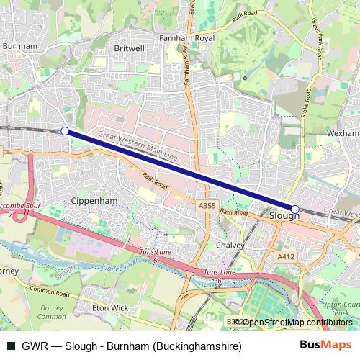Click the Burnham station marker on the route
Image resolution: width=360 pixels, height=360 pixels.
tap(65, 131)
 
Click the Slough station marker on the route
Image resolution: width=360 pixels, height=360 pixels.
tap(294, 209)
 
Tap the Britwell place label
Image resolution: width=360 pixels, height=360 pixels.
tap(130, 48)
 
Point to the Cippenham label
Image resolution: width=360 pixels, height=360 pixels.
tap(94, 201)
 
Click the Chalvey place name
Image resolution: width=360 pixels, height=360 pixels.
tap(230, 245)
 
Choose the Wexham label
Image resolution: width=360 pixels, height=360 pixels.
tap(342, 133)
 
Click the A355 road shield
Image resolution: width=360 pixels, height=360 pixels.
tap(207, 206)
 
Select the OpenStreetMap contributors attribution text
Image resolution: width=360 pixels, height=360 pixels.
tap(295, 322)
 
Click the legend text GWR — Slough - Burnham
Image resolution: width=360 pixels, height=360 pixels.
tap(130, 346)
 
